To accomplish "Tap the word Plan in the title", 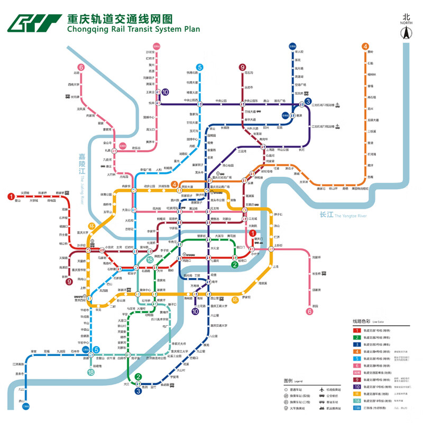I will tap(191, 29).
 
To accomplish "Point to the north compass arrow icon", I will tap(406, 33).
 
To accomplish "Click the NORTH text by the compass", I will tap(406, 23).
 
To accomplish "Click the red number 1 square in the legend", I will tap(357, 330).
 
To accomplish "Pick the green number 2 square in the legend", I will tap(357, 339).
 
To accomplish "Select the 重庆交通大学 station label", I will tap(217, 326).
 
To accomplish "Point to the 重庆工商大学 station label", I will tap(218, 306).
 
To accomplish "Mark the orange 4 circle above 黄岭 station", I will tap(365, 46).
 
